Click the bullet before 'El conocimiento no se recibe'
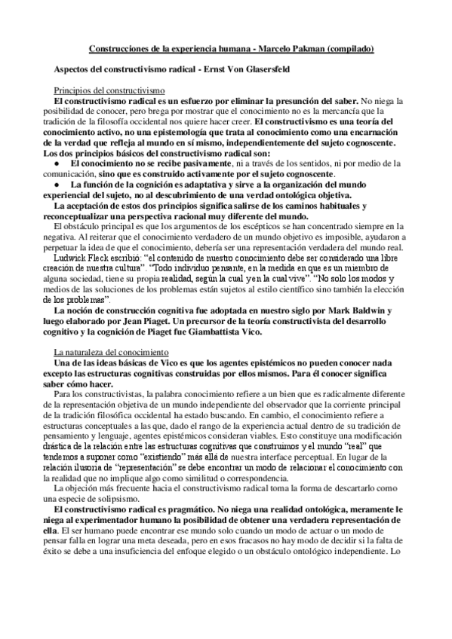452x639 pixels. point(58,163)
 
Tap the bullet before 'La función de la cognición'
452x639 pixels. point(58,184)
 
